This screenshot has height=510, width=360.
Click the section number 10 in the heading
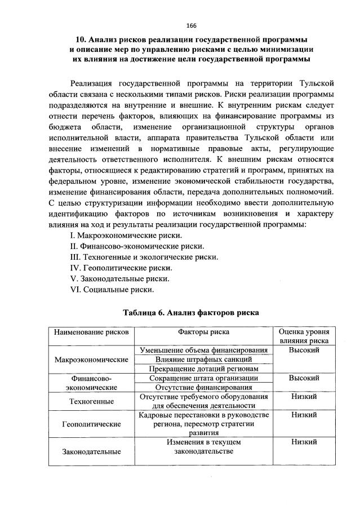(x=81, y=40)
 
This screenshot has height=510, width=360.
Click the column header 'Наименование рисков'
(x=91, y=332)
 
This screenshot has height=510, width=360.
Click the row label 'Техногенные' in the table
(x=91, y=401)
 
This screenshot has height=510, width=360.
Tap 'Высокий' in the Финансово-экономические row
(x=304, y=378)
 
